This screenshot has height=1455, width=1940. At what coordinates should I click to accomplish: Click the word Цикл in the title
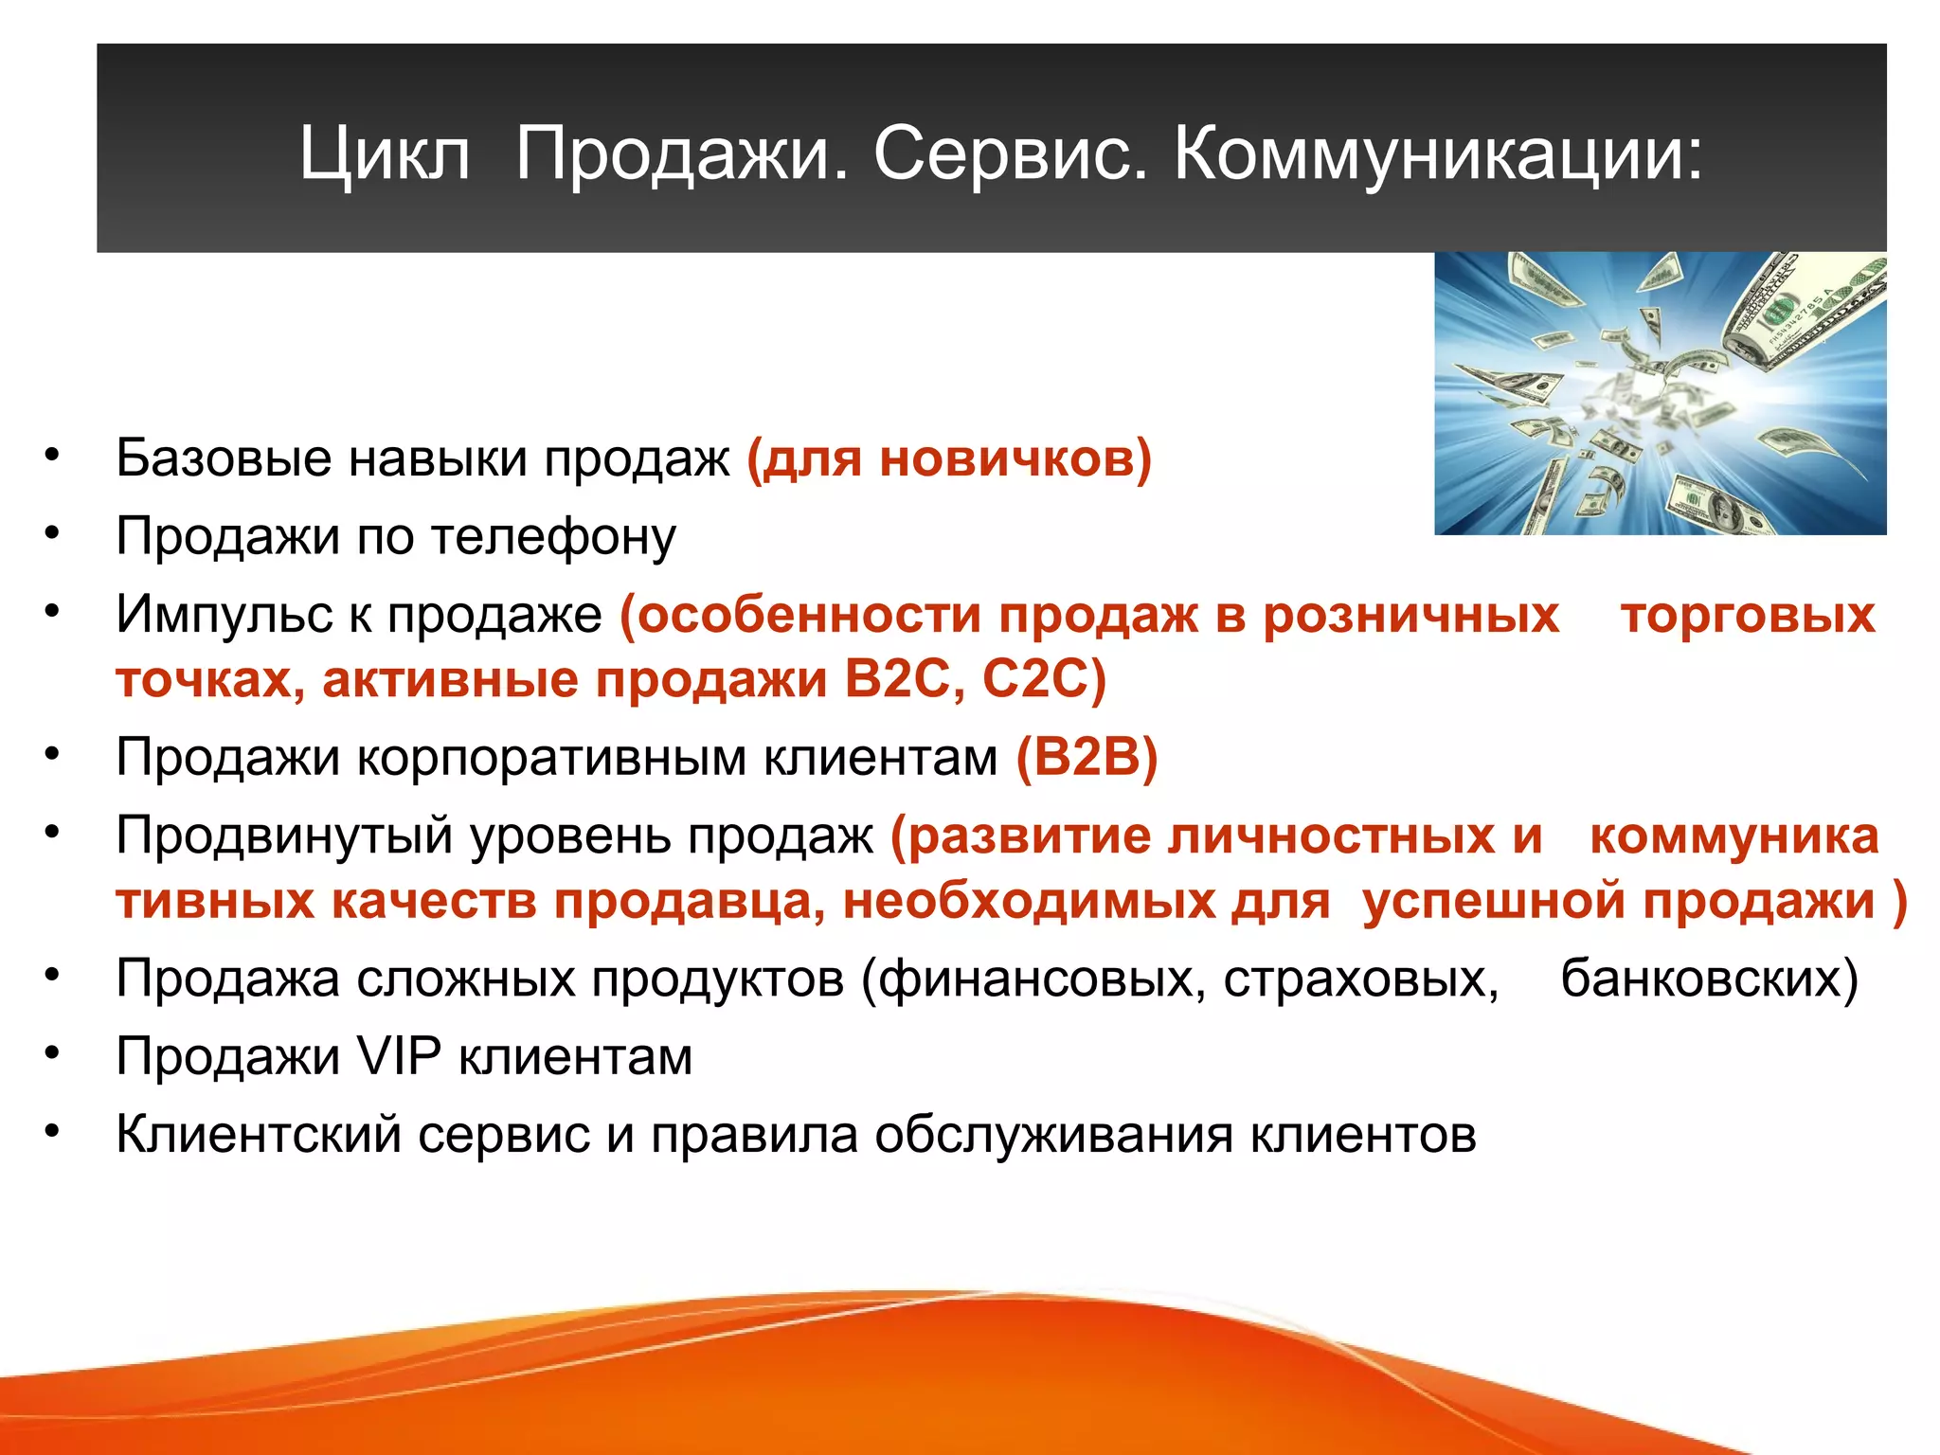click(x=385, y=153)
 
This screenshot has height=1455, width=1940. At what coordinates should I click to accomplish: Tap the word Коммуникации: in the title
click(x=1438, y=153)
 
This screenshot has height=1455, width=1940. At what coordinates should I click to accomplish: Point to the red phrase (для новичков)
click(x=949, y=459)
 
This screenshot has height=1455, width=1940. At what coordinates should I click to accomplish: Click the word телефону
click(x=553, y=537)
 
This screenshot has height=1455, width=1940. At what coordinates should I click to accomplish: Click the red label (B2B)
click(x=1087, y=758)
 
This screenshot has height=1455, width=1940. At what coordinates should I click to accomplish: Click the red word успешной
click(x=1493, y=901)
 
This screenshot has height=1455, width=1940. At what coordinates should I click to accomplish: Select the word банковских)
click(x=1709, y=979)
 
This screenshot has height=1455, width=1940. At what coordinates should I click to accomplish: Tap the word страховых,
click(x=1360, y=979)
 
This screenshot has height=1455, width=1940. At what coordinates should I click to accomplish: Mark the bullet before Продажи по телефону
click(x=52, y=533)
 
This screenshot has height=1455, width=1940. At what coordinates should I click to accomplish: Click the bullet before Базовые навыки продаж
click(x=52, y=456)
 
